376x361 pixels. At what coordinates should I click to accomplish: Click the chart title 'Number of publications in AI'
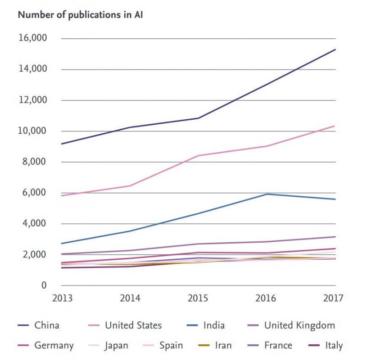80,15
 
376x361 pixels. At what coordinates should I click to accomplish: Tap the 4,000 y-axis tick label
34,224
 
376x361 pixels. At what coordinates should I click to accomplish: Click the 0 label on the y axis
44,285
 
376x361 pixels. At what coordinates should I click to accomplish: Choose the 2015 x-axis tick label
198,298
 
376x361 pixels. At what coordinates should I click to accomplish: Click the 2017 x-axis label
333,298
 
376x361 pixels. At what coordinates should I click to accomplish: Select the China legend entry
47,325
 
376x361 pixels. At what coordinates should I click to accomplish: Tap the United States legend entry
133,325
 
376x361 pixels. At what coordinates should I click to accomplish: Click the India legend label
213,325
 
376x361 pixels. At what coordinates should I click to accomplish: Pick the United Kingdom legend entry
299,325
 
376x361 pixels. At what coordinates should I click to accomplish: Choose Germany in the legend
54,346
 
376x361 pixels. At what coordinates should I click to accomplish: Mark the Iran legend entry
223,346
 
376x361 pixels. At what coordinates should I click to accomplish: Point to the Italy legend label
334,346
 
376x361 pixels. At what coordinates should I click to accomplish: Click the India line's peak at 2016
267,194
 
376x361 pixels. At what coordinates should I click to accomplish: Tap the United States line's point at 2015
199,156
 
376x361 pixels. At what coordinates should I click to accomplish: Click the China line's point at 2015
199,118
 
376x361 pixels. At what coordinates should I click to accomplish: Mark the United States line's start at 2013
61,196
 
